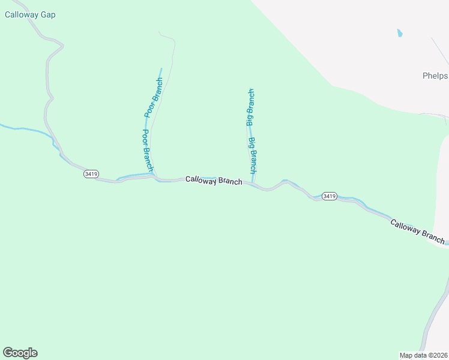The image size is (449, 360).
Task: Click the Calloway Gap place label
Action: click(x=30, y=15)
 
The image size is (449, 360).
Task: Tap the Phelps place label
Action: click(x=435, y=76)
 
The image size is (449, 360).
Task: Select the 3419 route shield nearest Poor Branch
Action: click(x=91, y=174)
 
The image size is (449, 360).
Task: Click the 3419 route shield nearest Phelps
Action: click(x=329, y=196)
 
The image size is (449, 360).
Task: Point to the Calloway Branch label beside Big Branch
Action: click(x=214, y=180)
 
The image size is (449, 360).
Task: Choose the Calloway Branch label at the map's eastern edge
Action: click(x=418, y=232)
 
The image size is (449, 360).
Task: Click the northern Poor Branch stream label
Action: click(x=154, y=97)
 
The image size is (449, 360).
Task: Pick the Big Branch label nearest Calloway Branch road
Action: click(x=253, y=155)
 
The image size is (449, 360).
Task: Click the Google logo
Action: click(x=20, y=353)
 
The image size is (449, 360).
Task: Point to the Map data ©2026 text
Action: click(x=423, y=355)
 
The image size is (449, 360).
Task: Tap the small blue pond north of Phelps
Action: click(x=400, y=34)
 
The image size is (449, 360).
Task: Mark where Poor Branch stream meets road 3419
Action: click(x=155, y=177)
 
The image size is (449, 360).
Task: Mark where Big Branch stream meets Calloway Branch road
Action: click(x=254, y=184)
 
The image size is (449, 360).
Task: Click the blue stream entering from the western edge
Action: click(x=18, y=128)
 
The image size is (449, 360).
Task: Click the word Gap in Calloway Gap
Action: click(x=47, y=15)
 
